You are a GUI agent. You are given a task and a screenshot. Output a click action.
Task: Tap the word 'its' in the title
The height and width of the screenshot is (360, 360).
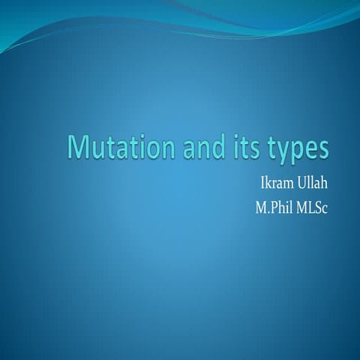tap(240, 147)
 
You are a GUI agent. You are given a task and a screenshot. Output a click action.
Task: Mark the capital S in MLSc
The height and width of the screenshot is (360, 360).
tap(317, 204)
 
